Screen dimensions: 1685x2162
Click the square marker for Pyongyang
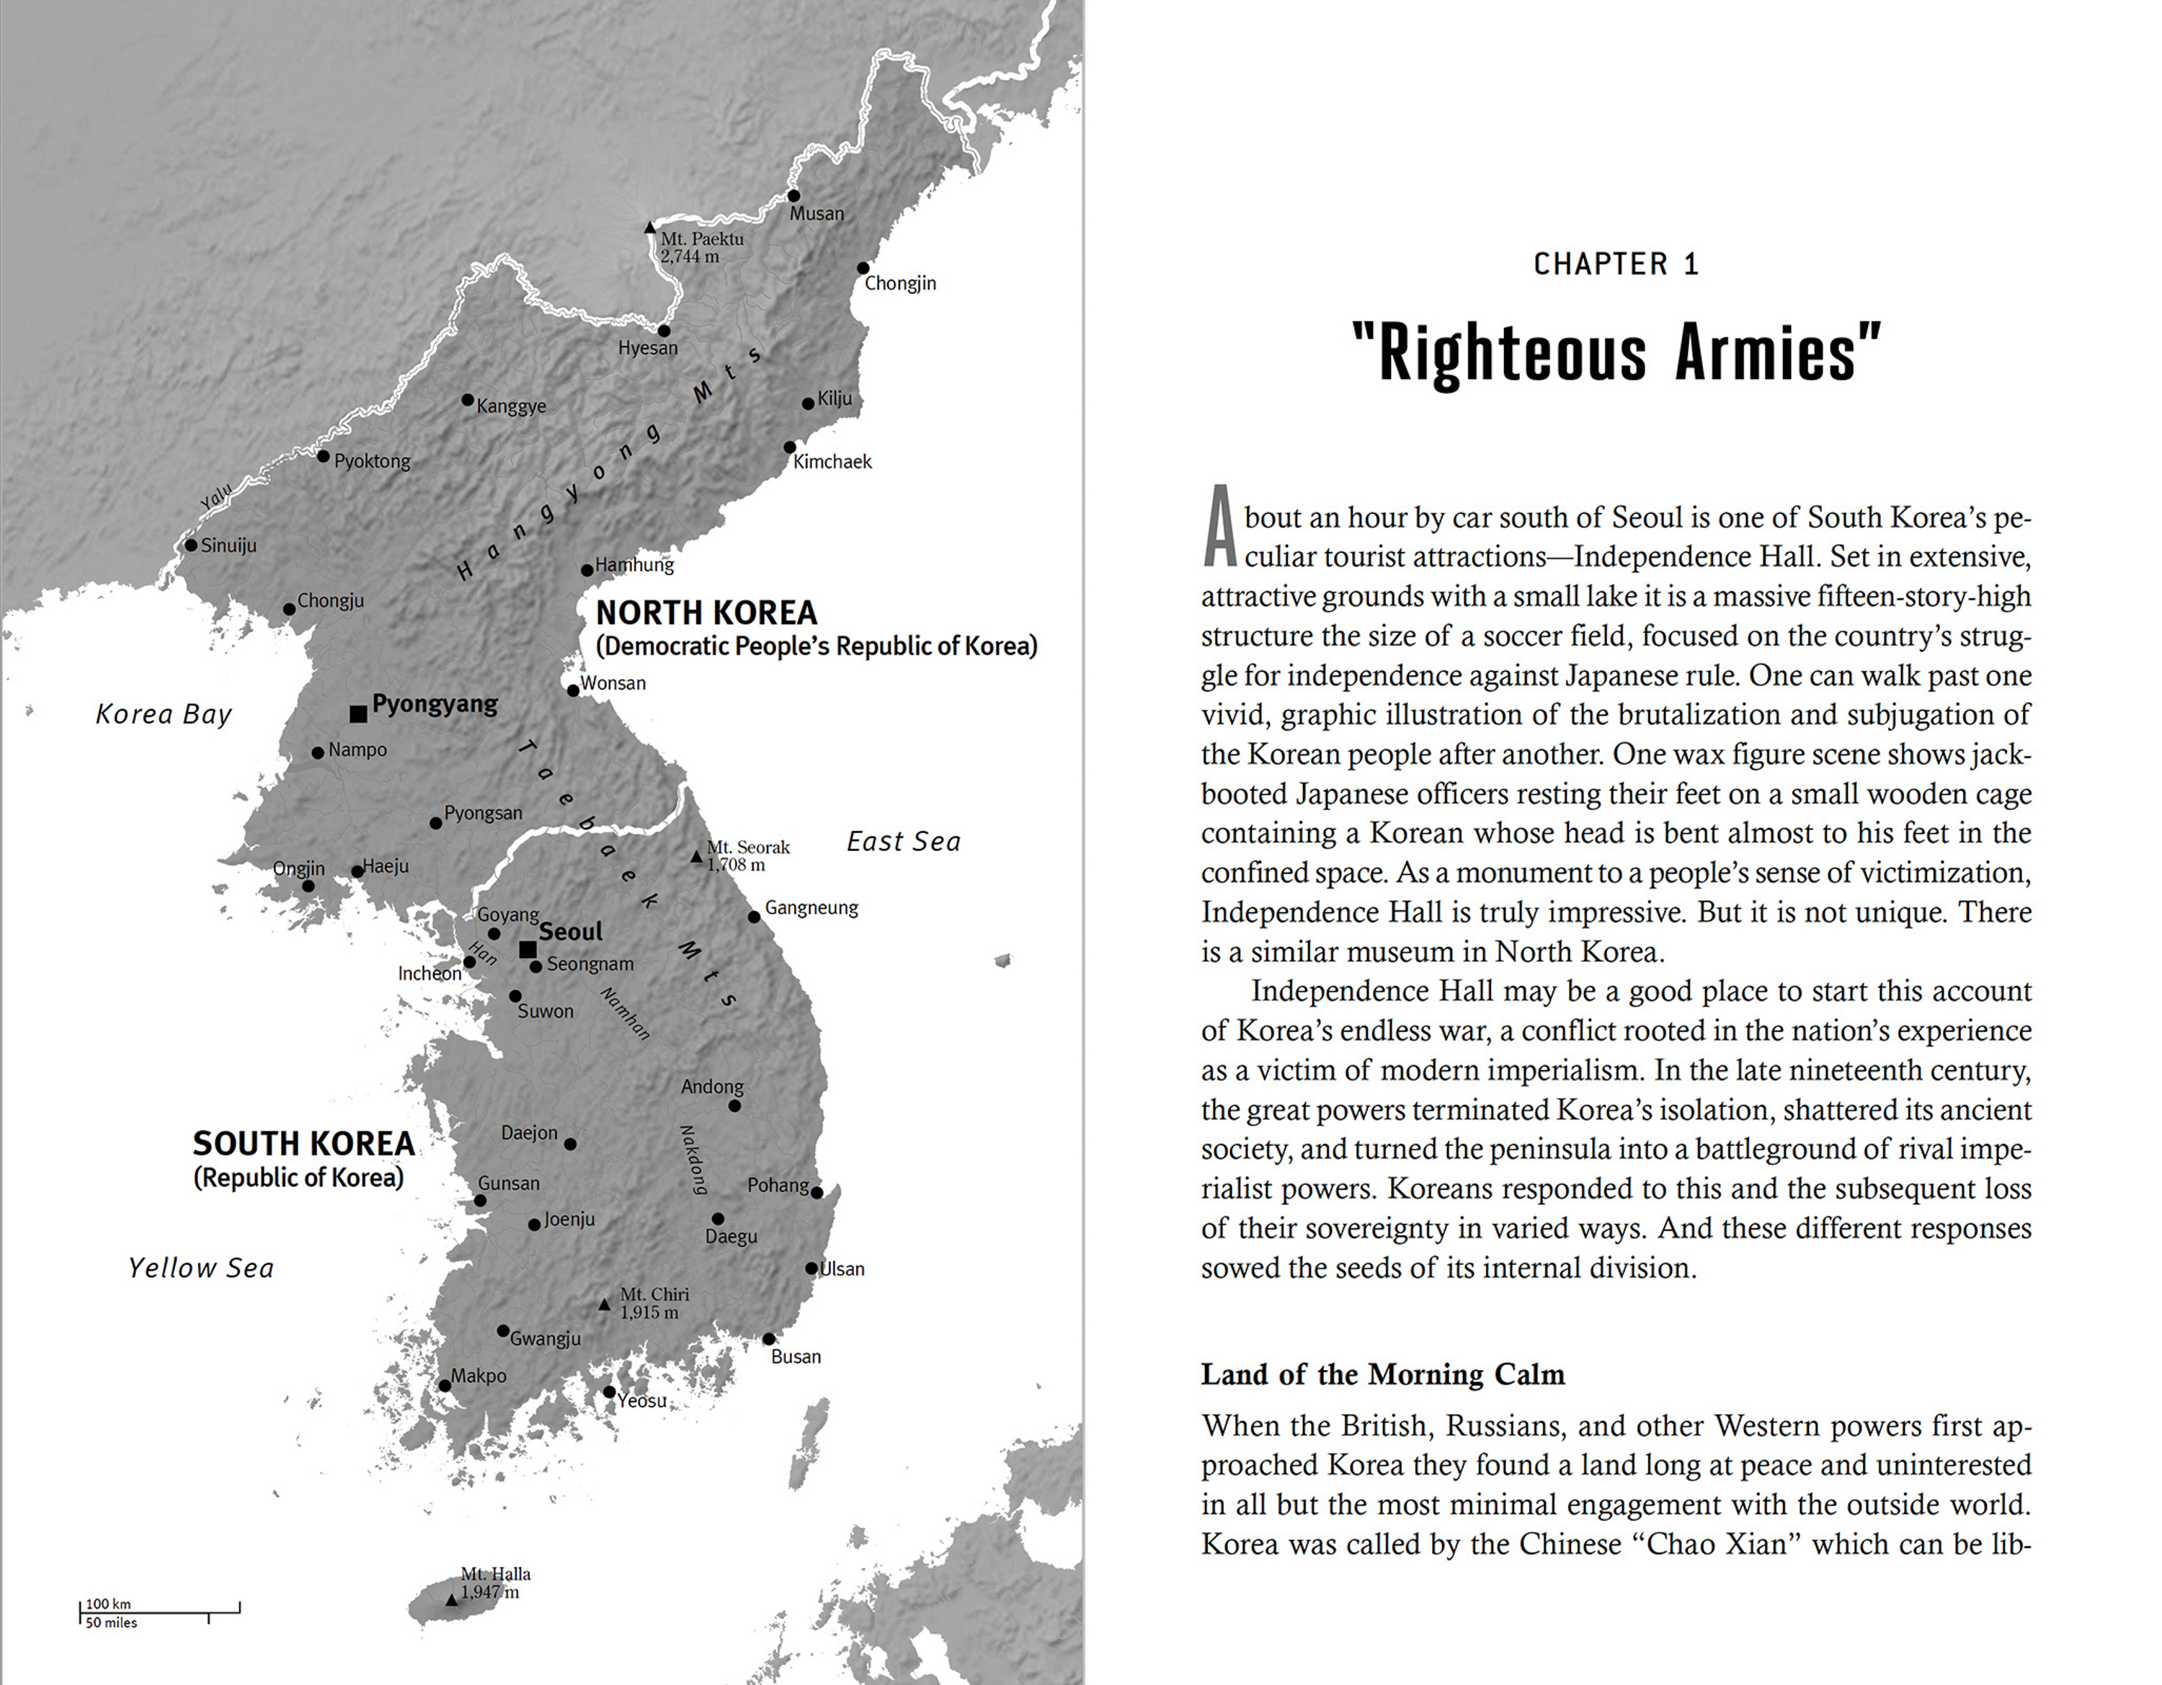[358, 713]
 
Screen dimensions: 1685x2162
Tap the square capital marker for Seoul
[528, 949]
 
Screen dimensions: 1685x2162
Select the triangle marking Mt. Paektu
[649, 228]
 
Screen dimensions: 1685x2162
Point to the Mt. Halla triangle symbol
[451, 1599]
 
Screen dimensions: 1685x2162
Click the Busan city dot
[768, 1338]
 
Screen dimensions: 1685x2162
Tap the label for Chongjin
[900, 283]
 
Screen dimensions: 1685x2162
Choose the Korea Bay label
[164, 713]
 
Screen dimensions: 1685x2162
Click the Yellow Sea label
[201, 1268]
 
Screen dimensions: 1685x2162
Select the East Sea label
[903, 842]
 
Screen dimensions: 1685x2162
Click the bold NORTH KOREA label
[706, 613]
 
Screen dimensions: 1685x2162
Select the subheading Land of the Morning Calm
[1383, 1374]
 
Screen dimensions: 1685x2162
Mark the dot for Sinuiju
[191, 546]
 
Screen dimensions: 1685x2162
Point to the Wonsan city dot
[573, 690]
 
